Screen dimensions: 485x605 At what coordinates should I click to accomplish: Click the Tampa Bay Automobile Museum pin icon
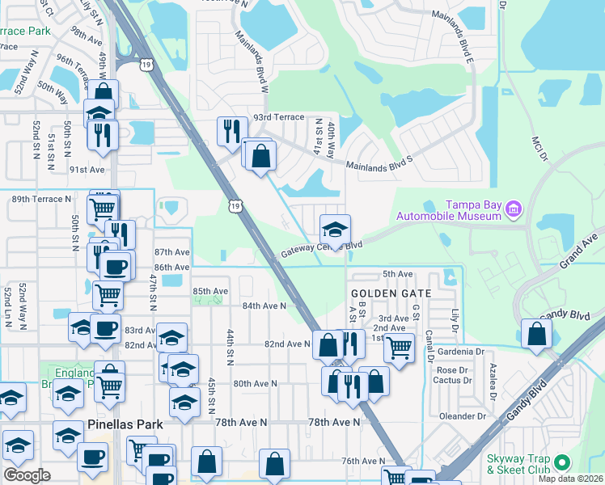[512, 210]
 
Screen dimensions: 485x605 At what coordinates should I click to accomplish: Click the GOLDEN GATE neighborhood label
[391, 292]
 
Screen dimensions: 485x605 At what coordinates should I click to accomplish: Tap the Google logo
[27, 474]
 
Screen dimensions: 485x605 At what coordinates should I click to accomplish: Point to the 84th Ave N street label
[264, 306]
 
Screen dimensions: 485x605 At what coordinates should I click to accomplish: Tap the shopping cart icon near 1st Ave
[398, 348]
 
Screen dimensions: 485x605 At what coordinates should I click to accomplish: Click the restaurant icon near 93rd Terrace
[232, 131]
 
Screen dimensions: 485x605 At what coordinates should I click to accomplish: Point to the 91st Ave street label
[87, 170]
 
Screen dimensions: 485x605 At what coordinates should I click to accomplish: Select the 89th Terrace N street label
[42, 199]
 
